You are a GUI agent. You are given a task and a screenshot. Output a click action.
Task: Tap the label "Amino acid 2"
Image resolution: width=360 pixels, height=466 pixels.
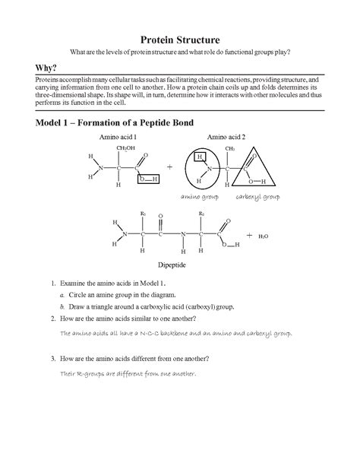226,137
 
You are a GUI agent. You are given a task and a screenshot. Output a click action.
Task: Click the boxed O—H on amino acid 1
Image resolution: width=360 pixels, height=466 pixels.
147,179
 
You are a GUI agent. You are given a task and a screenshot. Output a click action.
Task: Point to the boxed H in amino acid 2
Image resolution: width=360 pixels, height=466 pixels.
198,156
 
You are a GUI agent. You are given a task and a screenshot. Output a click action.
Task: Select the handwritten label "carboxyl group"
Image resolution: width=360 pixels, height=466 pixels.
257,196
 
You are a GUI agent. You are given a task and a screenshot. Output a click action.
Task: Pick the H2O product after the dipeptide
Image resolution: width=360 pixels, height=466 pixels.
264,236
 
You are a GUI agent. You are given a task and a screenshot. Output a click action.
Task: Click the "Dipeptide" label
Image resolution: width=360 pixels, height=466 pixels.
172,268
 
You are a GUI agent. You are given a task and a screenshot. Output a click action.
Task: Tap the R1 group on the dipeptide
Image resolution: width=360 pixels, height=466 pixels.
143,214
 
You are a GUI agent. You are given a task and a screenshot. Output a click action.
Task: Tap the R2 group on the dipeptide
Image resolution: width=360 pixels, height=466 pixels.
201,214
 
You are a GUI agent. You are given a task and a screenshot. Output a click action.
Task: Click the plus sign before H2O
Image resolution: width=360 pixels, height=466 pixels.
249,236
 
